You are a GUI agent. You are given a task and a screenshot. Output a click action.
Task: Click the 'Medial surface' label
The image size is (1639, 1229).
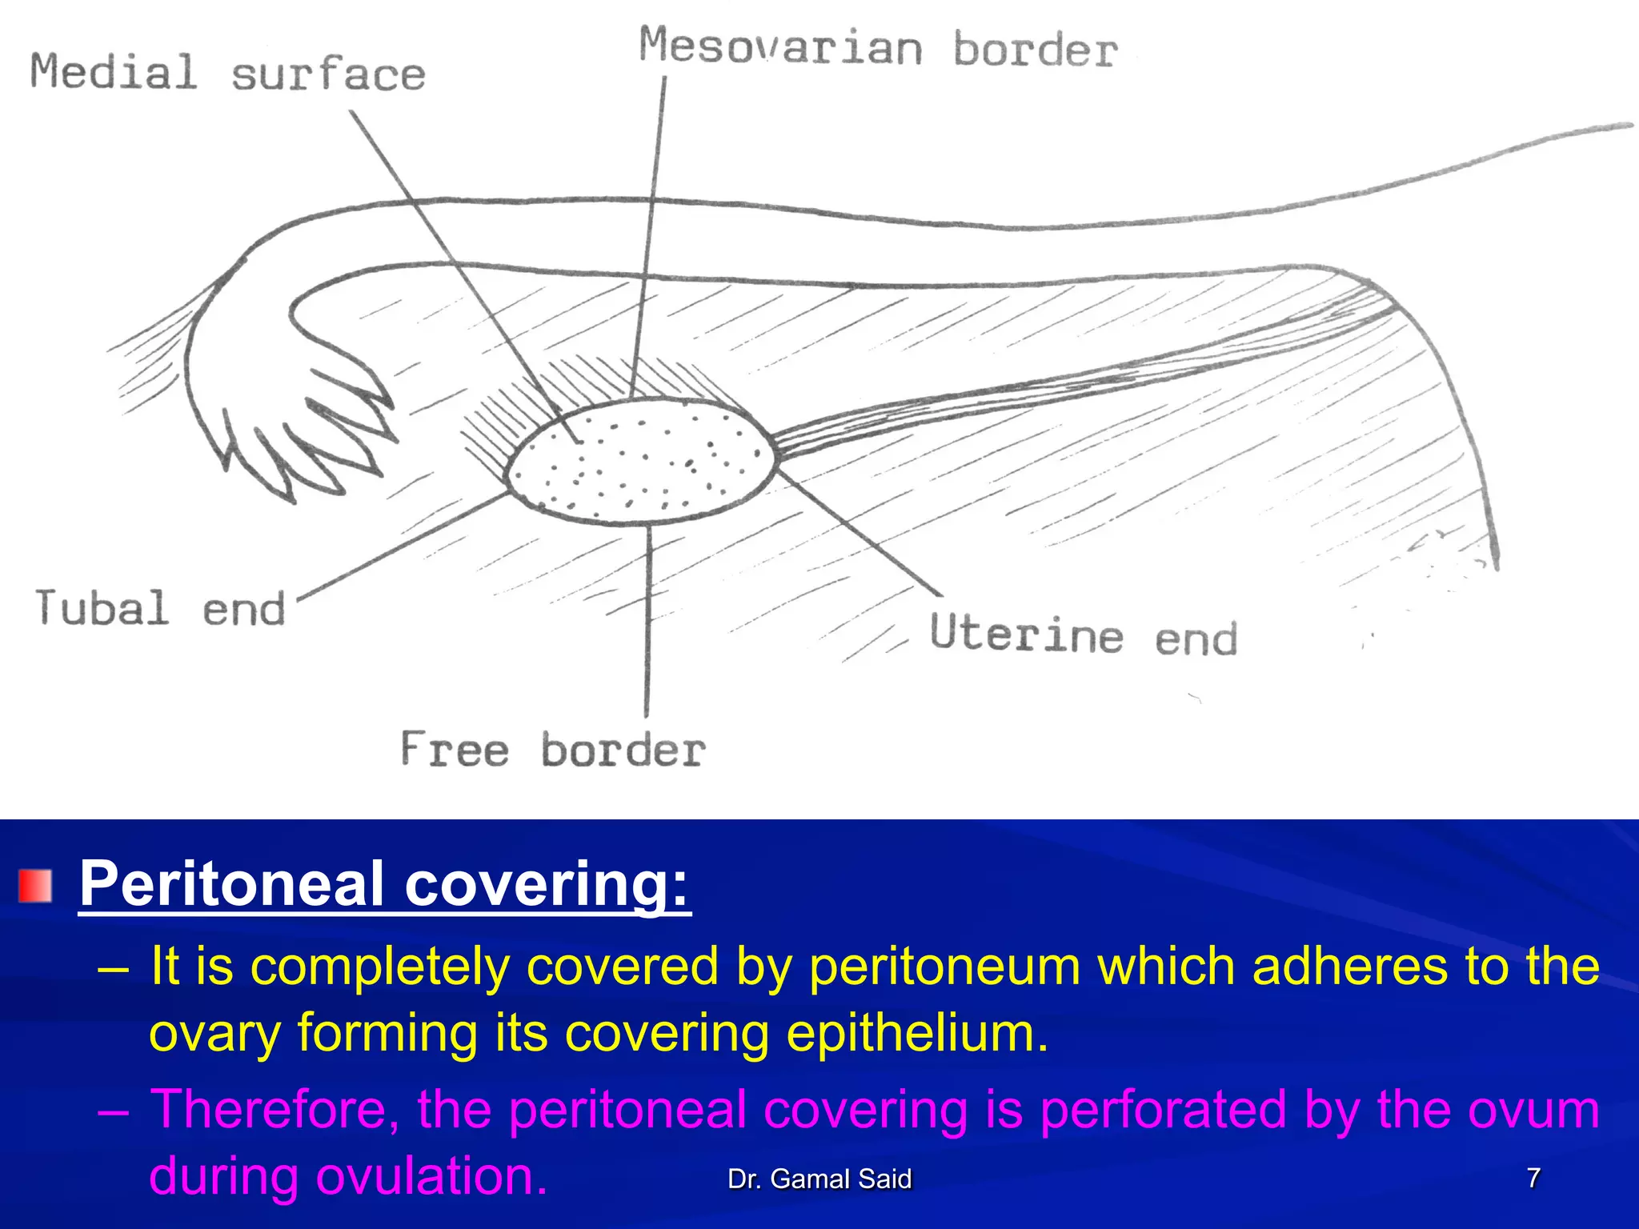click(227, 73)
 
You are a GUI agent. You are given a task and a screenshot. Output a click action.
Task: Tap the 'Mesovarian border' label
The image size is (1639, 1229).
click(877, 48)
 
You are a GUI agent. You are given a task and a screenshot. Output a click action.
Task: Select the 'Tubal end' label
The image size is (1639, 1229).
click(160, 608)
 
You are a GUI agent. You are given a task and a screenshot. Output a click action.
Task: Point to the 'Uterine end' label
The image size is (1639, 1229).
click(1083, 635)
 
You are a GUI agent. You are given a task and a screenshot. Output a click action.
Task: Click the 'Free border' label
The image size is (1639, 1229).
click(552, 750)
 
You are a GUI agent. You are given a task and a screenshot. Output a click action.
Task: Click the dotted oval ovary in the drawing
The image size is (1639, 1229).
click(640, 462)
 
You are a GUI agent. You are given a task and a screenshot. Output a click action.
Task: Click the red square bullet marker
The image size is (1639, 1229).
click(35, 886)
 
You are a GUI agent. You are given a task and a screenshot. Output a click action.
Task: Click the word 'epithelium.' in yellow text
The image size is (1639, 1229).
click(917, 1032)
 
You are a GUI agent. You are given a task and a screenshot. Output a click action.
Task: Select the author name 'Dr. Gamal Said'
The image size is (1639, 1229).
click(819, 1179)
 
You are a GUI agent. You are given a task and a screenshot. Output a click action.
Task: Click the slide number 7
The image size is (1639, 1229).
click(1533, 1178)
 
